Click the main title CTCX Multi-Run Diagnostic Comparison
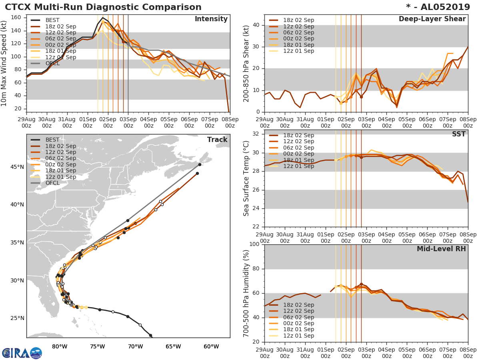tap(103, 7)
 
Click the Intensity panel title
tap(211, 19)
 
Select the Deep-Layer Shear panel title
tap(432, 19)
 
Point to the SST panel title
tap(459, 134)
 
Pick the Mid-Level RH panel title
tap(441, 249)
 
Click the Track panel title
tap(217, 140)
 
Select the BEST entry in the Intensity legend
tap(52, 20)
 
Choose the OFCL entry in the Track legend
tap(52, 183)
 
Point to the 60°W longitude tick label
tap(211, 346)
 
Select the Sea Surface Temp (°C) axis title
tap(246, 178)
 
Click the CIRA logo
tap(22, 353)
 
